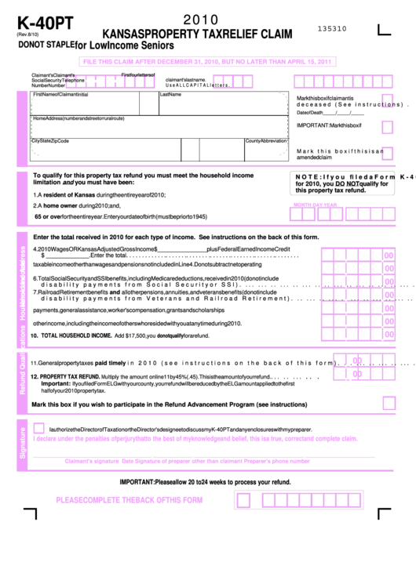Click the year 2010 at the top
coord(201,20)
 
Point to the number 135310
coord(332,28)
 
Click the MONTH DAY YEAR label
coord(315,205)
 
